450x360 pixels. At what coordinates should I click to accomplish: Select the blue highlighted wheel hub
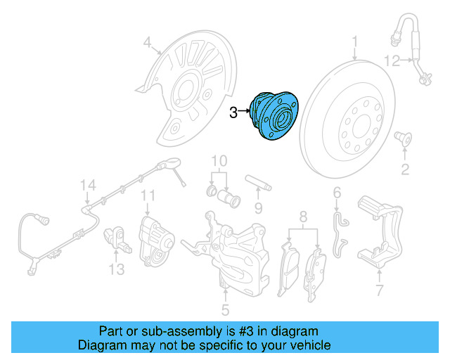[x=274, y=117]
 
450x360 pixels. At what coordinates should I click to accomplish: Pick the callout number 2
[x=405, y=168]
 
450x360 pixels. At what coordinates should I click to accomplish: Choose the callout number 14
[x=86, y=185]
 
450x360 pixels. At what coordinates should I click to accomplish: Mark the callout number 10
[x=219, y=160]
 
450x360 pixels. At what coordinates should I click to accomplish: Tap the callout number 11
[x=148, y=195]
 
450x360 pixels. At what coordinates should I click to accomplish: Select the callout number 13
[x=116, y=269]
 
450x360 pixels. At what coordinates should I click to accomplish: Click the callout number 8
[x=304, y=216]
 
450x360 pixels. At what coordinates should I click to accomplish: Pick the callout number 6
[x=337, y=193]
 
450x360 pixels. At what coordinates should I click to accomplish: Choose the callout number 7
[x=380, y=290]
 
